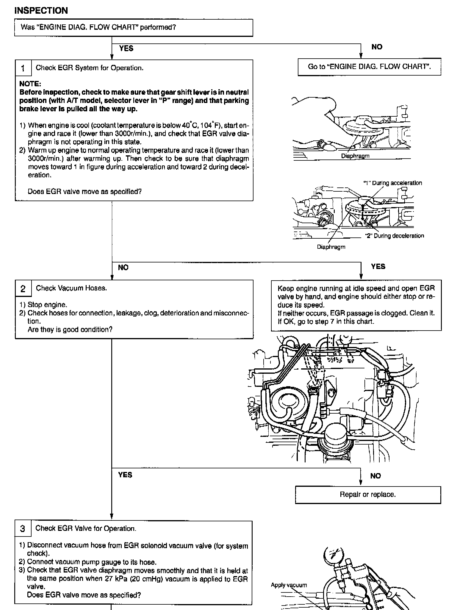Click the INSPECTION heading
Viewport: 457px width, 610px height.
click(41, 11)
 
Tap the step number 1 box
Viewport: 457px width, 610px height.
click(23, 68)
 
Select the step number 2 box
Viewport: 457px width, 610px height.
click(23, 289)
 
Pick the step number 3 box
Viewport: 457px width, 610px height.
click(23, 529)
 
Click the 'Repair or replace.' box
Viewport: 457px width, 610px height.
click(368, 495)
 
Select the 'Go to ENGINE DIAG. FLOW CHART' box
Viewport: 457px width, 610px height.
click(369, 67)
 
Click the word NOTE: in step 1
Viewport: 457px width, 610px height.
click(30, 84)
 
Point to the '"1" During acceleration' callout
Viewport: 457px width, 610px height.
click(393, 183)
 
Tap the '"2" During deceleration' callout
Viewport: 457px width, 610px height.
click(395, 236)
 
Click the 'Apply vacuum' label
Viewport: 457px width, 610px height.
click(289, 585)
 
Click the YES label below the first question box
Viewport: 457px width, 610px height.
click(126, 49)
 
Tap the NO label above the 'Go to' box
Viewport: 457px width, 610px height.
click(377, 47)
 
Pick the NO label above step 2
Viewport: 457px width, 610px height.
click(123, 268)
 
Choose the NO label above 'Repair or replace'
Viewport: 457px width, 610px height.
click(375, 476)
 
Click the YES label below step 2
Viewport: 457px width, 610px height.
click(125, 475)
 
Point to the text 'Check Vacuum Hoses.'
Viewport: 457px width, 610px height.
click(71, 288)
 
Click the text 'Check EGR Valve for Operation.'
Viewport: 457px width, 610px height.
click(86, 528)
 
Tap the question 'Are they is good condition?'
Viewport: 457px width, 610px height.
click(70, 330)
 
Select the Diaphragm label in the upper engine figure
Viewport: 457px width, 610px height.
click(355, 156)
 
